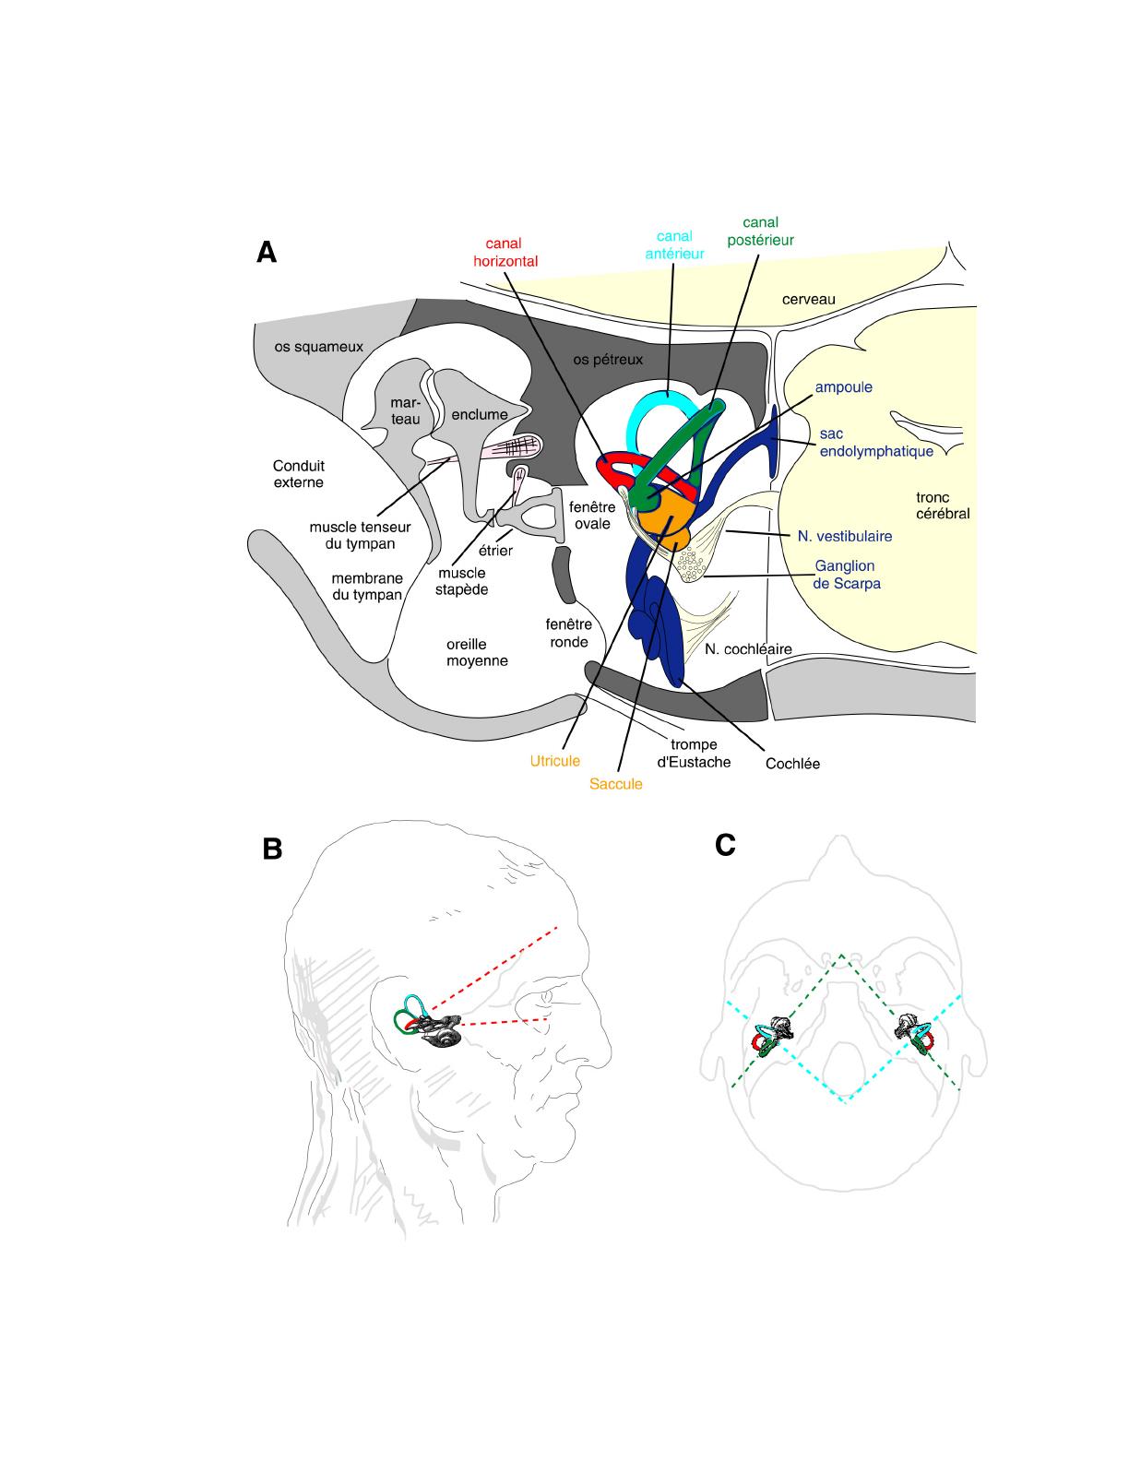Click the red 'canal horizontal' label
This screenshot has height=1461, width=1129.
505,252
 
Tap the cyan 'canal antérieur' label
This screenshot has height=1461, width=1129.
674,244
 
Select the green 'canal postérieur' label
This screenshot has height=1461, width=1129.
760,231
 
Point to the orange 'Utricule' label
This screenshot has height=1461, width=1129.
554,761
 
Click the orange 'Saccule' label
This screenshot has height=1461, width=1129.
615,784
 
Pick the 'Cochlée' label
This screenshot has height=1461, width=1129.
792,764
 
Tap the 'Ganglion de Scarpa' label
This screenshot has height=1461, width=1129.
847,574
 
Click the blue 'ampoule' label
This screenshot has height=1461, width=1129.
843,387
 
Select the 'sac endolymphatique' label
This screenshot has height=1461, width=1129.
875,443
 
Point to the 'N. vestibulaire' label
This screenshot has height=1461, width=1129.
844,535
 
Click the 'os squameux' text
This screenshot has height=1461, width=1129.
318,347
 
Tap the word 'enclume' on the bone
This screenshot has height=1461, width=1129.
480,414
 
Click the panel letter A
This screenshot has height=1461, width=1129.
267,252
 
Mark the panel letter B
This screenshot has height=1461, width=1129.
272,849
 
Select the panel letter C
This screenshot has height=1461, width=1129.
725,844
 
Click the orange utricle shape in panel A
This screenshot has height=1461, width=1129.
664,515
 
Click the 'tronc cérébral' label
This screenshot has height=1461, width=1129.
942,505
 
